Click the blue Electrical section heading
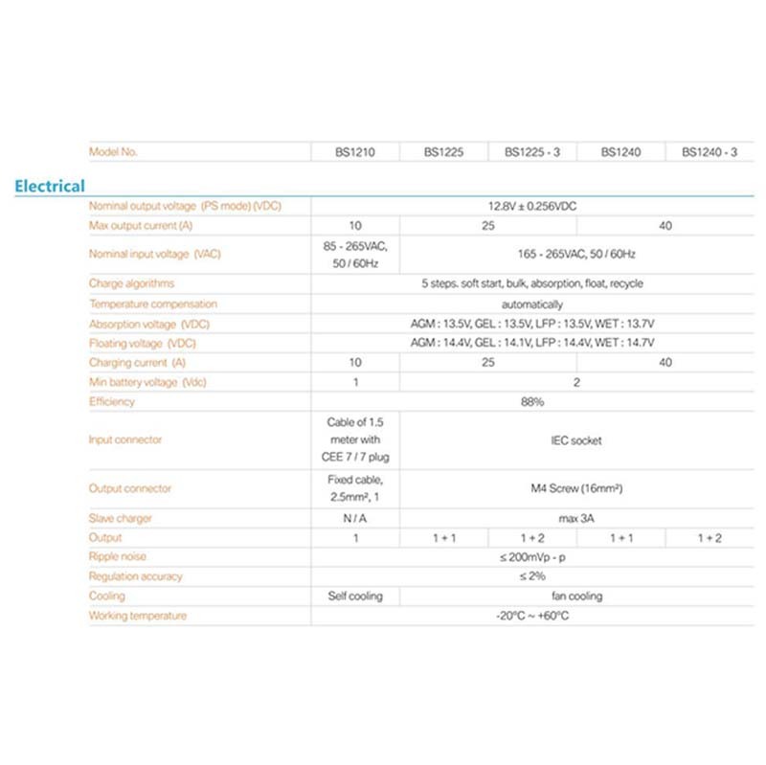click(50, 186)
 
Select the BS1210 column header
click(354, 151)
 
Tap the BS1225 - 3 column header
click(532, 151)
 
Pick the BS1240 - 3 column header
click(710, 151)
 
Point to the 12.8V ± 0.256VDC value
click(531, 206)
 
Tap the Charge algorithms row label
click(131, 283)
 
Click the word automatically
click(531, 304)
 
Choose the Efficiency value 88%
click(531, 402)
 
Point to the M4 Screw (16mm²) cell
click(576, 488)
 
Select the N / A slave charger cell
click(354, 518)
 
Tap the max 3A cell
click(576, 518)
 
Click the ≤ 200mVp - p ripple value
click(531, 557)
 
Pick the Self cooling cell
click(354, 596)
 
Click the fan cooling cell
click(576, 596)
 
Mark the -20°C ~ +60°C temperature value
click(531, 616)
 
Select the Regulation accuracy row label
click(135, 576)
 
